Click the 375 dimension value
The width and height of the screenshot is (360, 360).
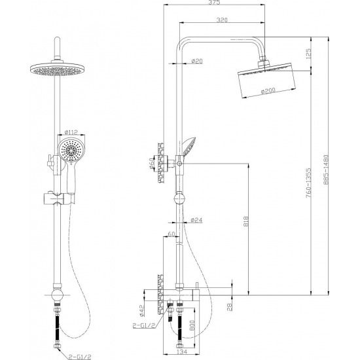pyautogui.click(x=215, y=3)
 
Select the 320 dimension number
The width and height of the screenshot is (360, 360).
pyautogui.click(x=222, y=20)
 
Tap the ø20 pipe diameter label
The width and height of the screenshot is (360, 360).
pyautogui.click(x=197, y=61)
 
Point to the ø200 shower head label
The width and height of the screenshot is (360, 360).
pyautogui.click(x=268, y=91)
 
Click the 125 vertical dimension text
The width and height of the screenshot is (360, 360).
pyautogui.click(x=308, y=53)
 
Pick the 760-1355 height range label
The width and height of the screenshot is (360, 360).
pyautogui.click(x=308, y=184)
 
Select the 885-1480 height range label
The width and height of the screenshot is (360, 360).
pyautogui.click(x=326, y=170)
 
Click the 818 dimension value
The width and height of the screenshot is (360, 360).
pyautogui.click(x=246, y=221)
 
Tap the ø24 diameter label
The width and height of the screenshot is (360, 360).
pyautogui.click(x=196, y=220)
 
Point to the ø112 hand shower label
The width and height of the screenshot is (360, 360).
pyautogui.click(x=71, y=132)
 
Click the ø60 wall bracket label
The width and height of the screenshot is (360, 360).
pyautogui.click(x=152, y=163)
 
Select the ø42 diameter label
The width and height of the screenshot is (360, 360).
pyautogui.click(x=141, y=310)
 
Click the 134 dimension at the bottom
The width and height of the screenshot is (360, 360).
pyautogui.click(x=182, y=351)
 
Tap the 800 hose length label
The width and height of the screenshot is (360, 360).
pyautogui.click(x=192, y=325)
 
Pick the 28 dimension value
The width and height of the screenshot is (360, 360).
pyautogui.click(x=230, y=307)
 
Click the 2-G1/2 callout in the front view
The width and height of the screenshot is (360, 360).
pyautogui.click(x=80, y=357)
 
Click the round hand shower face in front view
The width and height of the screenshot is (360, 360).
pyautogui.click(x=71, y=149)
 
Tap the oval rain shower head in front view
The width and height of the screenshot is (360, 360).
pyautogui.click(x=57, y=69)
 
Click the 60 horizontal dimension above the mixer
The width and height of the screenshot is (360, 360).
pyautogui.click(x=171, y=234)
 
